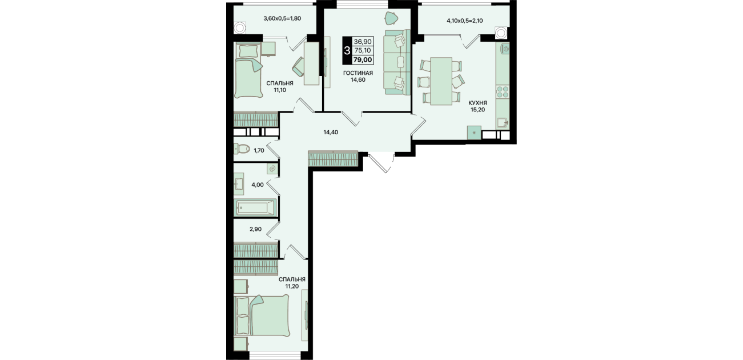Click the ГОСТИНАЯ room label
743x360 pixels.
point(358,73)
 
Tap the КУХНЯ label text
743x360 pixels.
point(477,103)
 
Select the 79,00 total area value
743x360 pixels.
point(363,60)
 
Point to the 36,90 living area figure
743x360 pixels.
point(363,42)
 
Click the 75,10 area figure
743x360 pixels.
point(363,51)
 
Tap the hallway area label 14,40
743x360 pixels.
point(331,133)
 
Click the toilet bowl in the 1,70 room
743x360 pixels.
point(242,149)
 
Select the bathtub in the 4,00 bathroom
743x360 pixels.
point(255,208)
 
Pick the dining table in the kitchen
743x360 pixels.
point(441,81)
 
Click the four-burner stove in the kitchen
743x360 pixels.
point(503,91)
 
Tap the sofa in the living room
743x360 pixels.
point(397,62)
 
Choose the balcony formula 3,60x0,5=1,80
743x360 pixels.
point(282,19)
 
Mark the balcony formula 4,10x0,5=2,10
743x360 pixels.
point(465,21)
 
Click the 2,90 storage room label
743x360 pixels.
point(255,229)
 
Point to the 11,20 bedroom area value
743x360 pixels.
point(292,286)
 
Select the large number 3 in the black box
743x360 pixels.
point(347,51)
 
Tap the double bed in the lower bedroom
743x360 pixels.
point(262,315)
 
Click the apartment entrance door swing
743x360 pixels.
point(381,163)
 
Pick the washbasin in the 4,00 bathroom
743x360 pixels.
point(239,183)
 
